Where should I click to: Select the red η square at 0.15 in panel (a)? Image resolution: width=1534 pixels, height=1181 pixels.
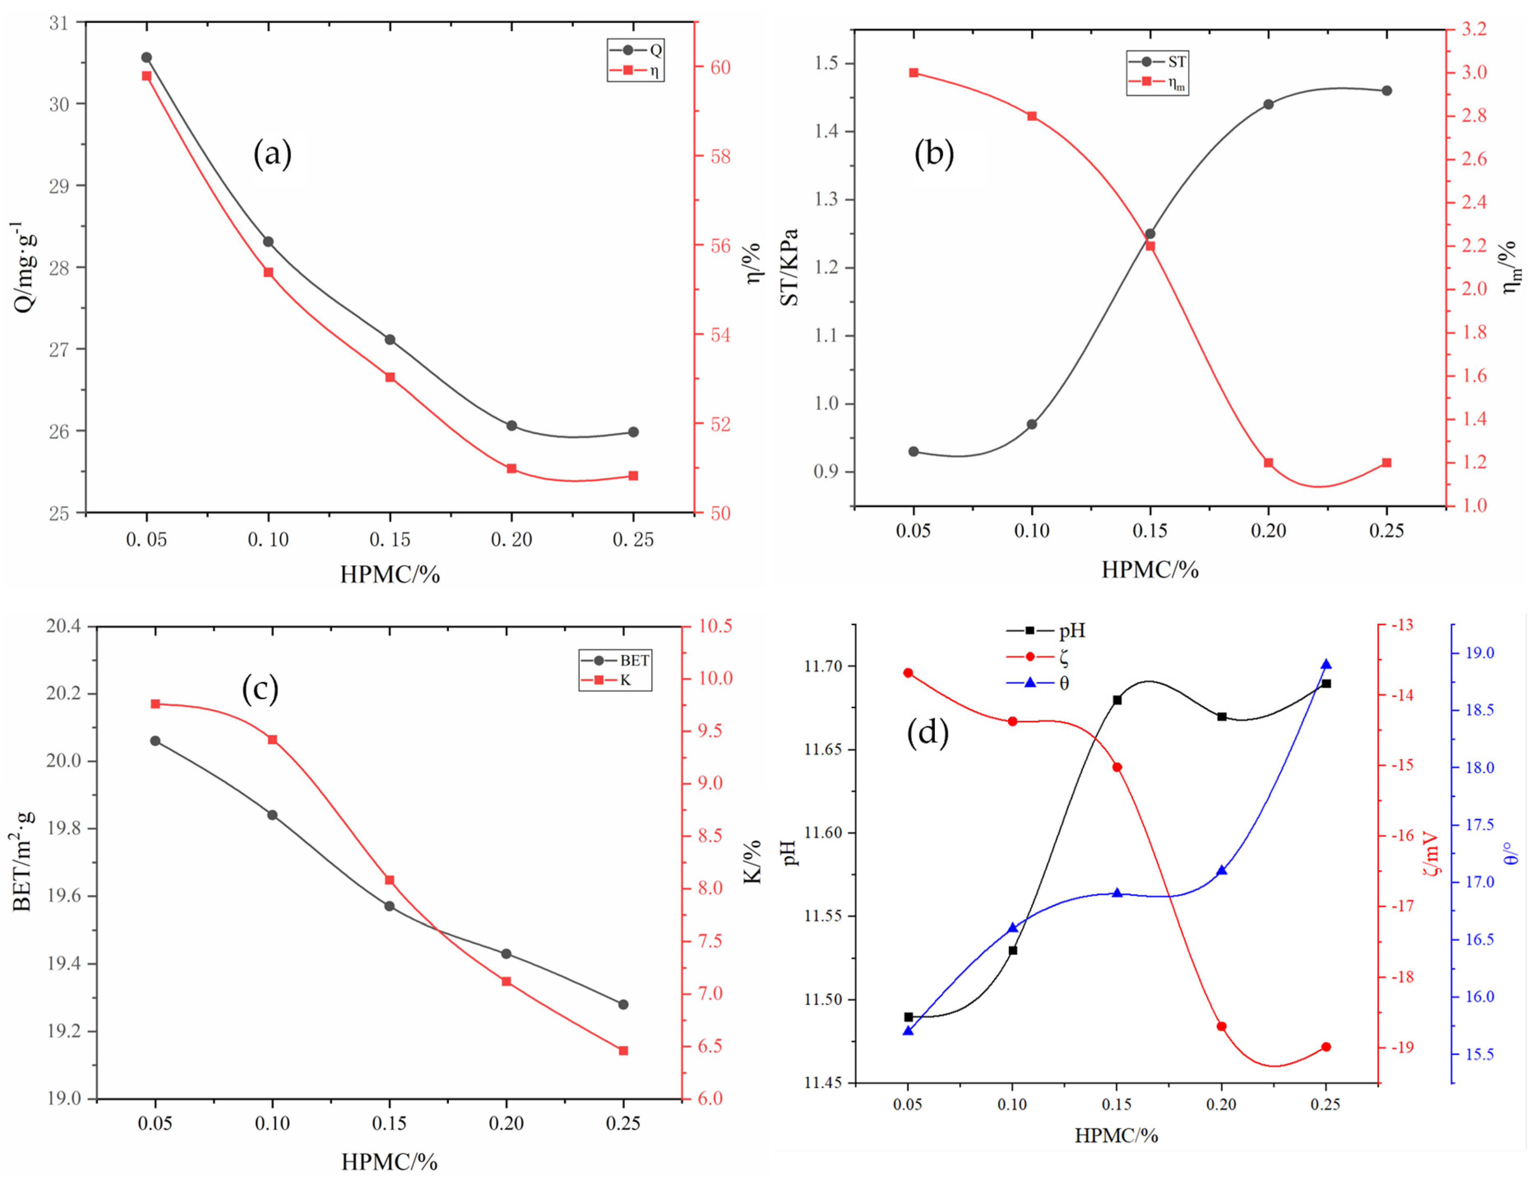(390, 377)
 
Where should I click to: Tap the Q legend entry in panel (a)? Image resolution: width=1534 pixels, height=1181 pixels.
(636, 50)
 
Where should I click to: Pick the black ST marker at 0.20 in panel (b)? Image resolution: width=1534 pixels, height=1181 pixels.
(1268, 104)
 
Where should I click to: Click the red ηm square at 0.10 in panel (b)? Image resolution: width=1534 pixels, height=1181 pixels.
(1032, 116)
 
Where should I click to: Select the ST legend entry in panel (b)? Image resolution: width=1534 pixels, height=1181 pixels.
(1157, 62)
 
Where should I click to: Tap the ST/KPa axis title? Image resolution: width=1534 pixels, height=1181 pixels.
(789, 267)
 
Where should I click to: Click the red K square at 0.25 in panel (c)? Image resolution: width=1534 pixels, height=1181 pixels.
(623, 1050)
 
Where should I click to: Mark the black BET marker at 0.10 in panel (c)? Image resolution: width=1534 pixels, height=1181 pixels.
(272, 814)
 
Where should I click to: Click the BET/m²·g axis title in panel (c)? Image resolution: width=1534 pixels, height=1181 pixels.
(23, 860)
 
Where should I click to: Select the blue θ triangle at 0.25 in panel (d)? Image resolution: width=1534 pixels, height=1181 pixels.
(1326, 664)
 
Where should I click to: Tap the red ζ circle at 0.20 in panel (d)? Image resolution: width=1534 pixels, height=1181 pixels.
(1222, 1026)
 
